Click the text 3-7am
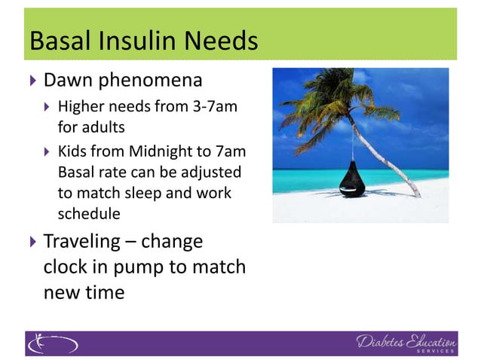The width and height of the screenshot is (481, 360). tap(218, 107)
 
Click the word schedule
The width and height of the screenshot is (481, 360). tap(89, 213)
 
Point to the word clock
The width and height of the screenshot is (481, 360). tap(68, 267)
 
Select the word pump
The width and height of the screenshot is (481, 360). tap(155, 267)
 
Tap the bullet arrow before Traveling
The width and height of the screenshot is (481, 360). tap(32, 243)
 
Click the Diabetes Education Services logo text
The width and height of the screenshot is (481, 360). tap(406, 343)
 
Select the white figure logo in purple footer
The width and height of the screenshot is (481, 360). tap(53, 343)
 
